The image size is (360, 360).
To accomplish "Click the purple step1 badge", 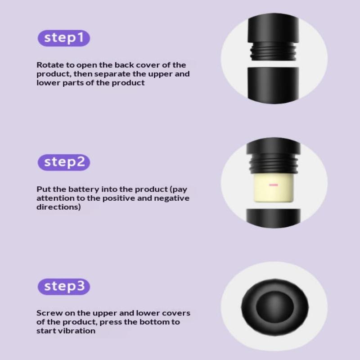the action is [64, 38].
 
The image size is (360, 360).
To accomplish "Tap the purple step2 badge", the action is [64, 162].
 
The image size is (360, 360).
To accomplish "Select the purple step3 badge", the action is [64, 287].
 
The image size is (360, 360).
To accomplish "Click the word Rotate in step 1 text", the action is [50, 65].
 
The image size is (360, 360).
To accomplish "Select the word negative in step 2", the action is [171, 198].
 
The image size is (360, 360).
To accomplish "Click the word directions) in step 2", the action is [58, 207].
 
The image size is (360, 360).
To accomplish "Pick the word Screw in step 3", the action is [49, 313].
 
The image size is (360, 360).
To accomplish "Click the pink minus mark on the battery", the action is [274, 185].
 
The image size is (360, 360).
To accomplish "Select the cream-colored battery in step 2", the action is [274, 188].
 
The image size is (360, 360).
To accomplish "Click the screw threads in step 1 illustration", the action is [273, 51].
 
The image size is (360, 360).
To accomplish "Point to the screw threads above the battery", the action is [273, 163].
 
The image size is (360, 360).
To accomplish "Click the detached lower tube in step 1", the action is [273, 85].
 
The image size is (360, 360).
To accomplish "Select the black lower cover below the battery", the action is [273, 218].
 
